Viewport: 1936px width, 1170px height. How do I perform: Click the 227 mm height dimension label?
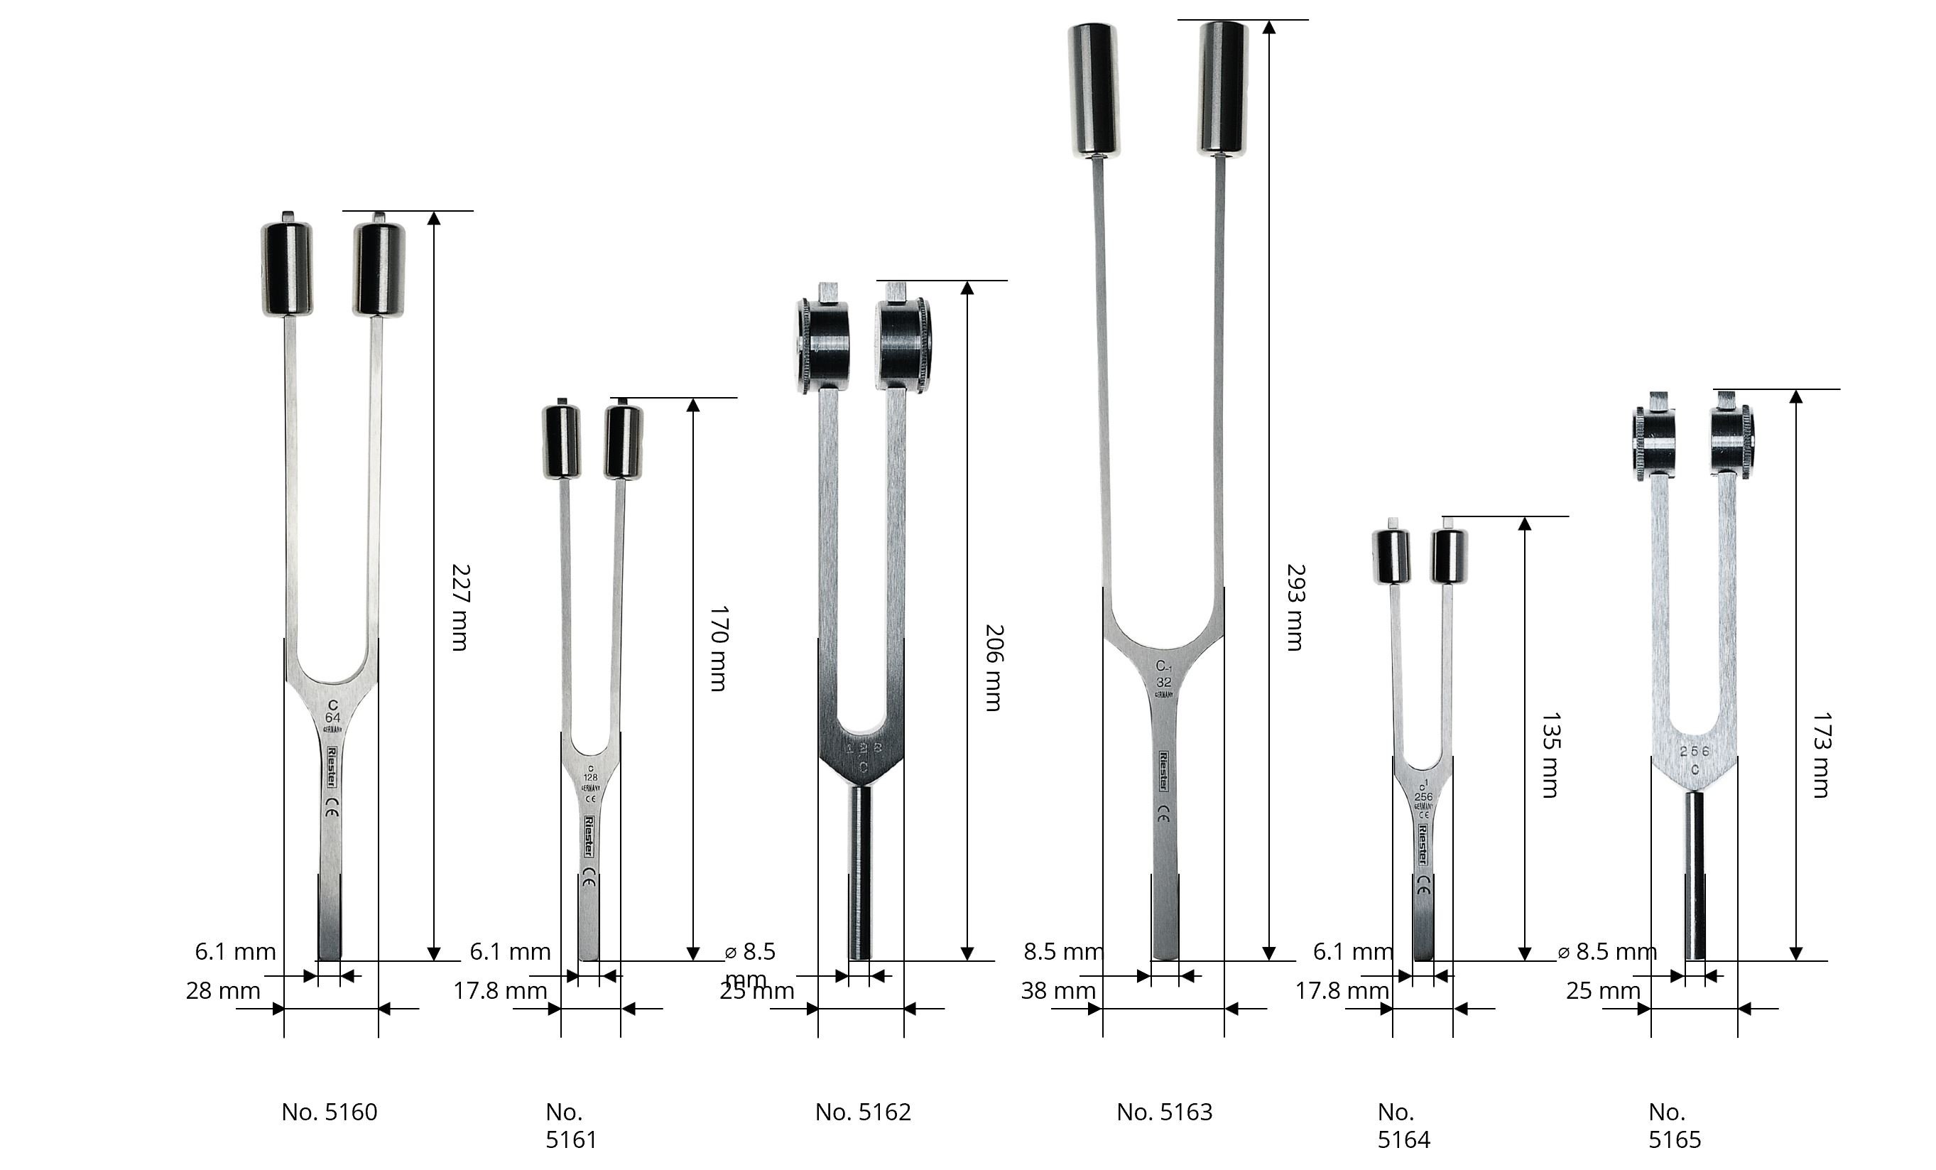click(x=460, y=607)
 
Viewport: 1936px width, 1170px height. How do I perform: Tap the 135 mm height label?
click(x=1550, y=755)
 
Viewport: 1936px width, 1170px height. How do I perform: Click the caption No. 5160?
click(x=330, y=1112)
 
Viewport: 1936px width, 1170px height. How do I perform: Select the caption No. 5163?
click(x=1165, y=1112)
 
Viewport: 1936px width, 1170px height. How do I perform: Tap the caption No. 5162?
click(x=863, y=1112)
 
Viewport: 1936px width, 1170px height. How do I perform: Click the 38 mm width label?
click(x=1057, y=991)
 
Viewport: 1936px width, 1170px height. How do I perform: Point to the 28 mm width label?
click(x=223, y=991)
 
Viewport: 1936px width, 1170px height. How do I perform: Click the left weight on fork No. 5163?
click(x=1094, y=89)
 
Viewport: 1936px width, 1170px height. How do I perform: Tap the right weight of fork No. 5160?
click(x=379, y=269)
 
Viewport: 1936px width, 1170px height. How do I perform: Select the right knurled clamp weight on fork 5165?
click(x=1732, y=442)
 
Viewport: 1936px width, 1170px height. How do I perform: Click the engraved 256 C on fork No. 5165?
click(x=1694, y=760)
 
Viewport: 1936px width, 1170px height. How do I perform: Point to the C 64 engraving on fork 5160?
click(x=332, y=712)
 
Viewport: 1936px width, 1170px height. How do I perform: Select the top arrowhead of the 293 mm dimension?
click(x=1268, y=28)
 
